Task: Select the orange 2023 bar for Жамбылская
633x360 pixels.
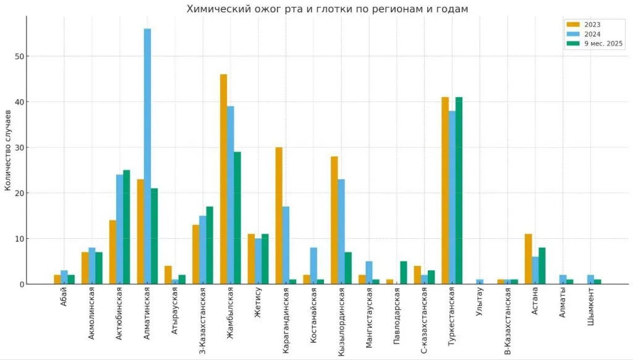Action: point(223,179)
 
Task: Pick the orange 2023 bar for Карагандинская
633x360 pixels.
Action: point(279,216)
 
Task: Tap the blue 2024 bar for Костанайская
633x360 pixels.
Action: point(313,266)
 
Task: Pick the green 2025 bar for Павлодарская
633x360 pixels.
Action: point(403,273)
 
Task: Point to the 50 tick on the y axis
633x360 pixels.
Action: point(20,56)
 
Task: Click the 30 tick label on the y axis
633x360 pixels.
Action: point(20,147)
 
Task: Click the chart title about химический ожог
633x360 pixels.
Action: point(327,9)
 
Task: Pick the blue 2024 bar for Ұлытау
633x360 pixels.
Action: point(479,282)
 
